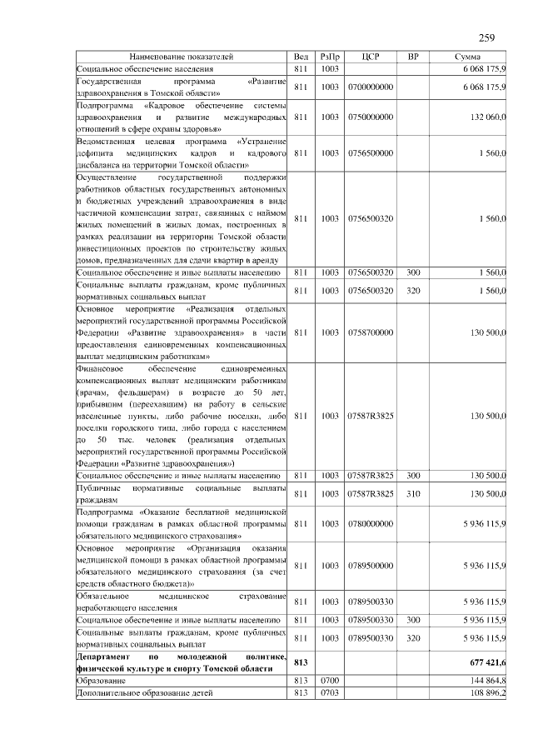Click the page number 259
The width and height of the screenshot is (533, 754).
(x=487, y=37)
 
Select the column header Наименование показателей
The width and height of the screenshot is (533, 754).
(x=181, y=57)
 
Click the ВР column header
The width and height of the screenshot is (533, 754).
(x=413, y=57)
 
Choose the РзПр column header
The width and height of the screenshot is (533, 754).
(x=329, y=57)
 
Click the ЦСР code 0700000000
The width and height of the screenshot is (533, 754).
(x=371, y=87)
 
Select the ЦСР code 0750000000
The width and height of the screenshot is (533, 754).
(x=371, y=117)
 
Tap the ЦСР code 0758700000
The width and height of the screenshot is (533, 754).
(x=371, y=332)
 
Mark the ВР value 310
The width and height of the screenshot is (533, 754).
(x=413, y=494)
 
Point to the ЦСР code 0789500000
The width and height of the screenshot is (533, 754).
(x=371, y=565)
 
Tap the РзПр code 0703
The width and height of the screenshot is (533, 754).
(x=329, y=693)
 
